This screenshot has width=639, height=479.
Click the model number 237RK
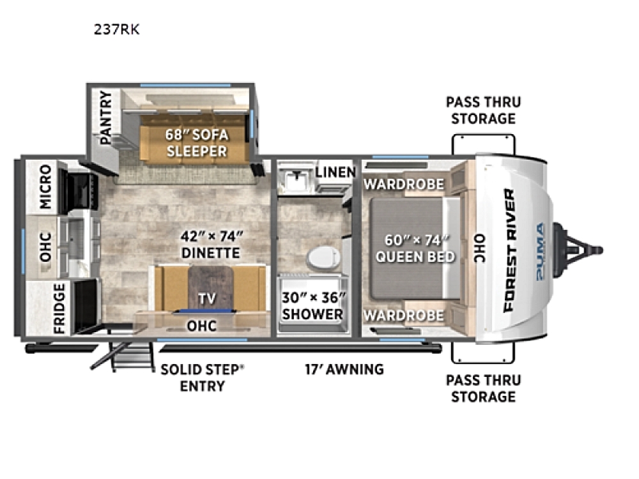click(116, 29)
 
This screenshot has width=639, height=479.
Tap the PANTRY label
click(105, 118)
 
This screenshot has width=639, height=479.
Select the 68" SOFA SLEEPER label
click(196, 143)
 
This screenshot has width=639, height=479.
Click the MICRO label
click(45, 186)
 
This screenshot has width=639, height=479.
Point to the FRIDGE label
click(59, 308)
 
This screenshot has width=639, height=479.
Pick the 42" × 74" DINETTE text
click(211, 245)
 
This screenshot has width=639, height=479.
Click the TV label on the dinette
click(206, 298)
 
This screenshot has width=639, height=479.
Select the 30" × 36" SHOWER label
click(313, 305)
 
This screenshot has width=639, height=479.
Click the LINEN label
click(335, 172)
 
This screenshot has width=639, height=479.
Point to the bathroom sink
click(296, 179)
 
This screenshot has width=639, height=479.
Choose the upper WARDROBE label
click(404, 184)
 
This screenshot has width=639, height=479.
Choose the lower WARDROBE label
click(404, 316)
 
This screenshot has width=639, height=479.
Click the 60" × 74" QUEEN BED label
click(415, 248)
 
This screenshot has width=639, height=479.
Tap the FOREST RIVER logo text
click(509, 250)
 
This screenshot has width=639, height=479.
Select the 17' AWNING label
click(344, 369)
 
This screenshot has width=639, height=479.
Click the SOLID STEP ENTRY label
click(203, 377)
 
